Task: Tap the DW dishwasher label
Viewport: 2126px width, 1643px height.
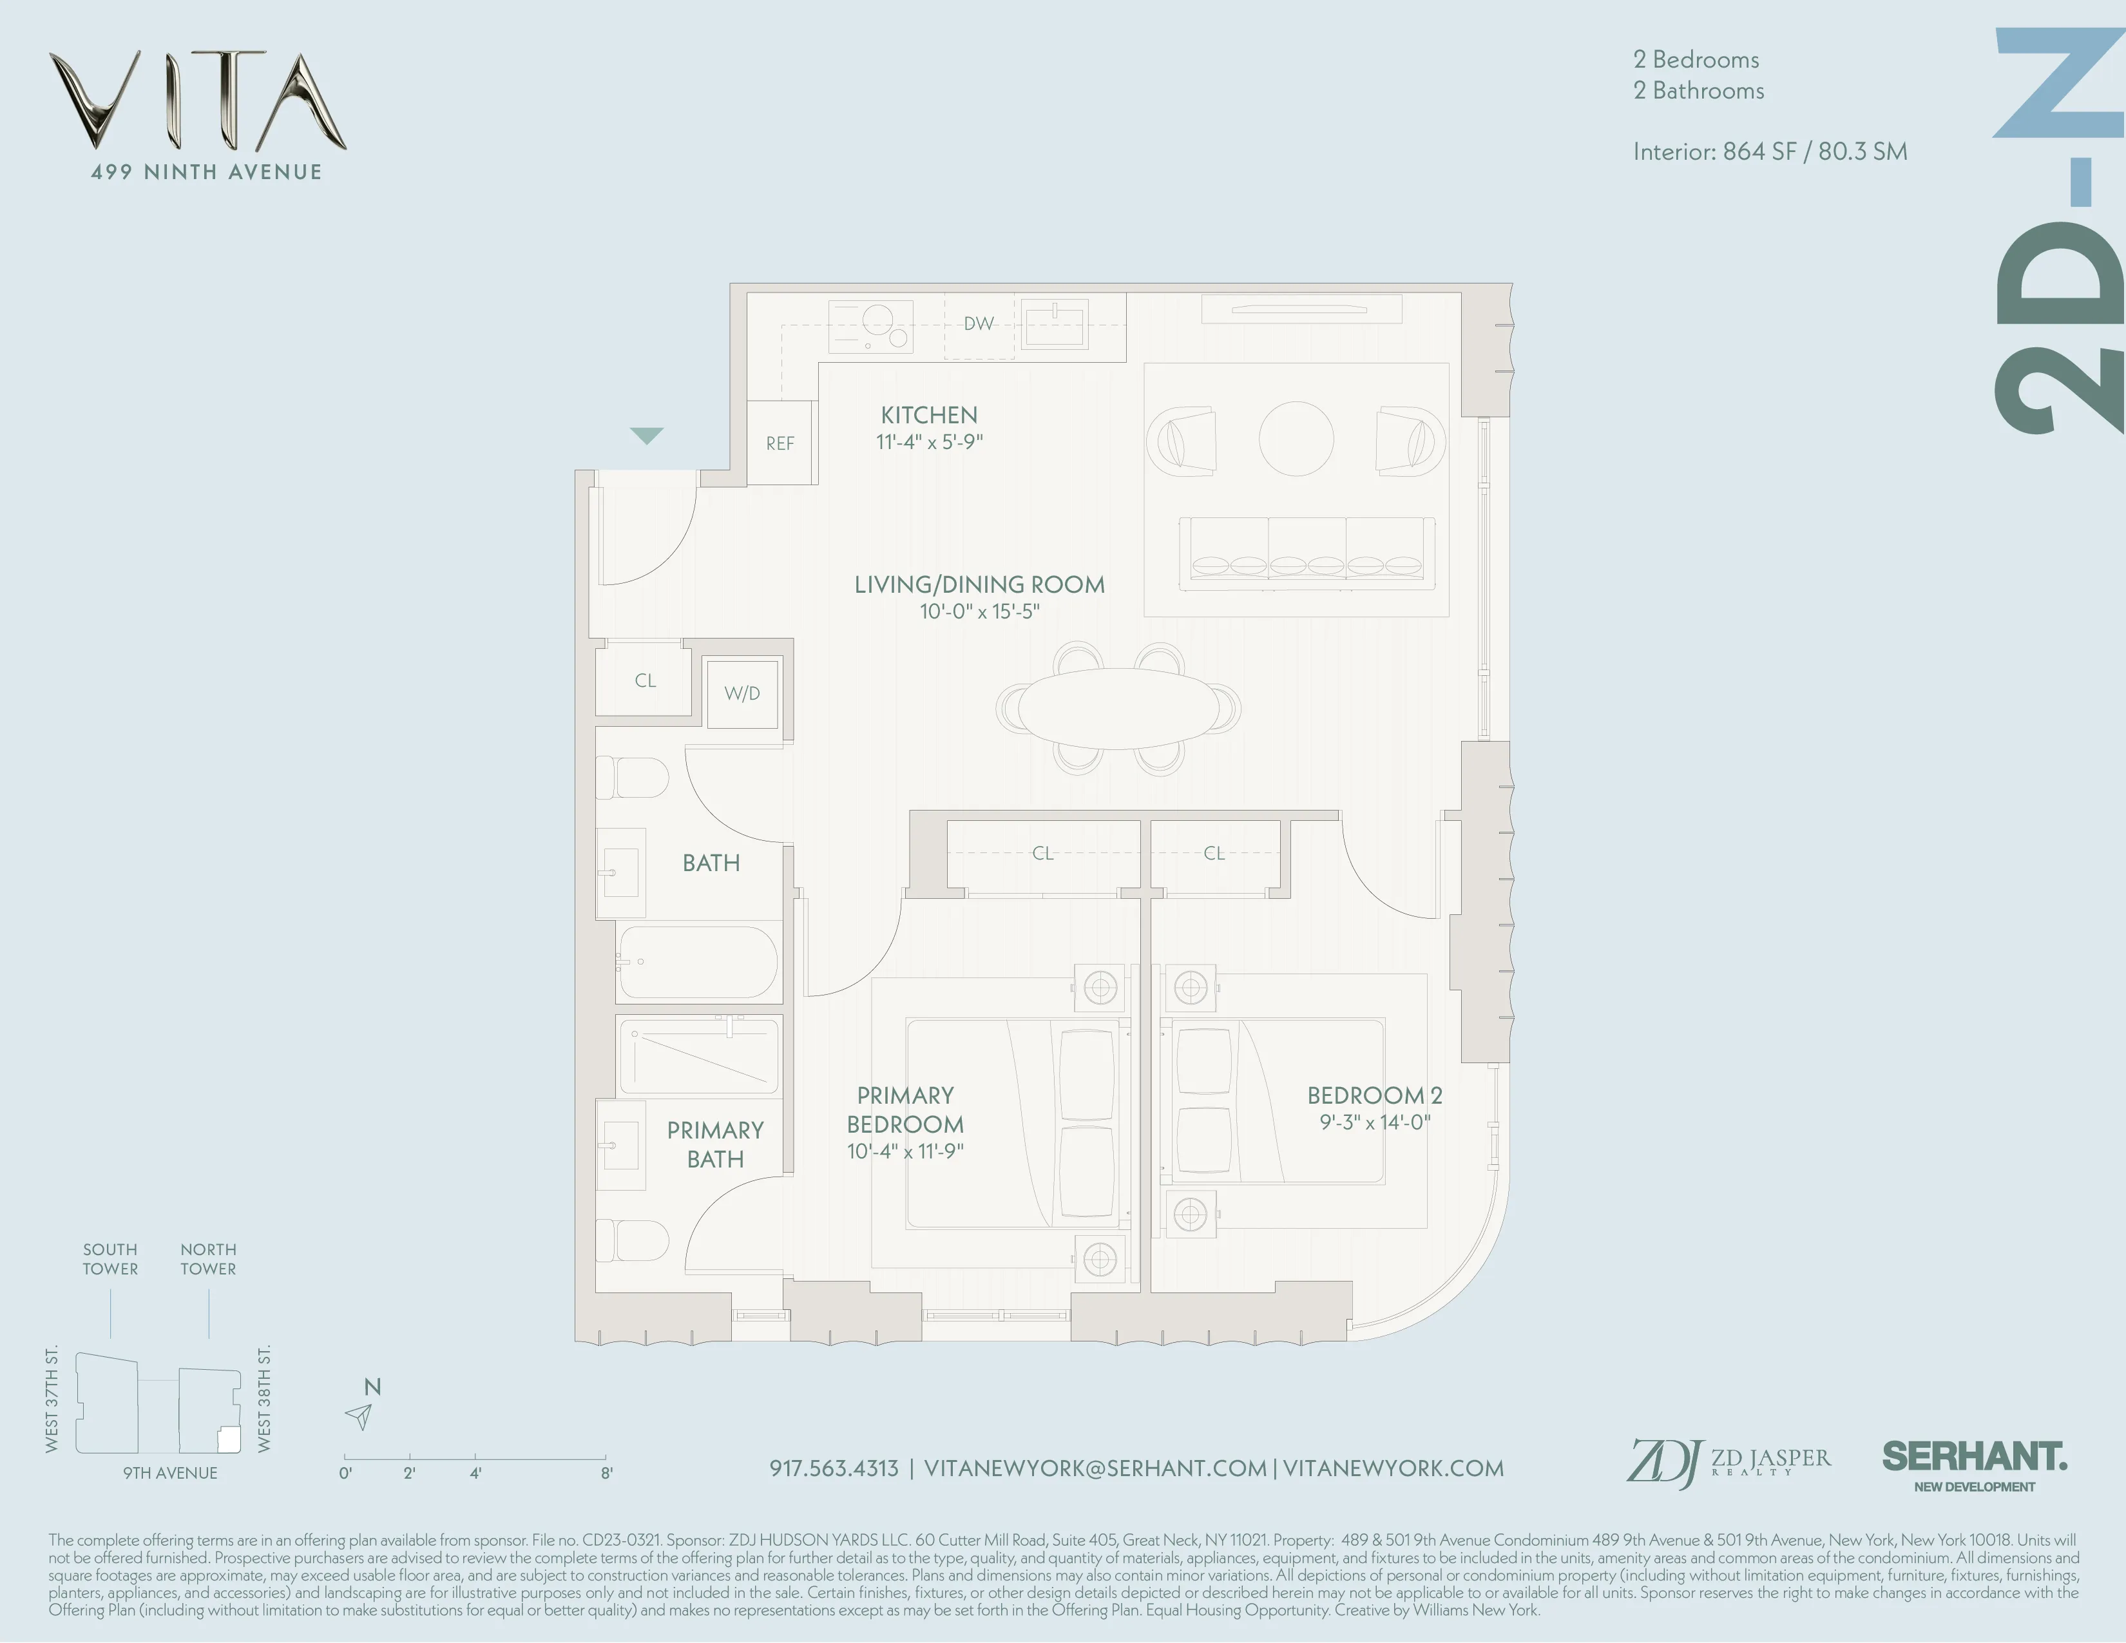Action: coord(979,324)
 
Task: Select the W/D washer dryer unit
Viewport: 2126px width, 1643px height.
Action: coord(742,694)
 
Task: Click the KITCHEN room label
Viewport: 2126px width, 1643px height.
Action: coord(928,416)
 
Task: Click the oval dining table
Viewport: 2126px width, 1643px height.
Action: coord(1118,707)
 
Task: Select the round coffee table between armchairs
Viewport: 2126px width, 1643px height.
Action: coord(1296,439)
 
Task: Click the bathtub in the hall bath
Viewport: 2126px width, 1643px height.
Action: coord(698,963)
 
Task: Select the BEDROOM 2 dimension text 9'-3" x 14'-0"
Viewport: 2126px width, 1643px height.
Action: coord(1375,1122)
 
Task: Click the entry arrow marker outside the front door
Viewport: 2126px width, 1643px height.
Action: coord(646,435)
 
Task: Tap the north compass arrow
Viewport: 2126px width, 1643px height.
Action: coord(360,1416)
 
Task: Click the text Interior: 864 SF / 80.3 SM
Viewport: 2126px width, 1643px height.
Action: coord(1770,152)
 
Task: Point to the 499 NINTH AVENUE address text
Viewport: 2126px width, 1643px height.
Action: coord(206,172)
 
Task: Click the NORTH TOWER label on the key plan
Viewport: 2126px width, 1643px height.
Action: coord(208,1258)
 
